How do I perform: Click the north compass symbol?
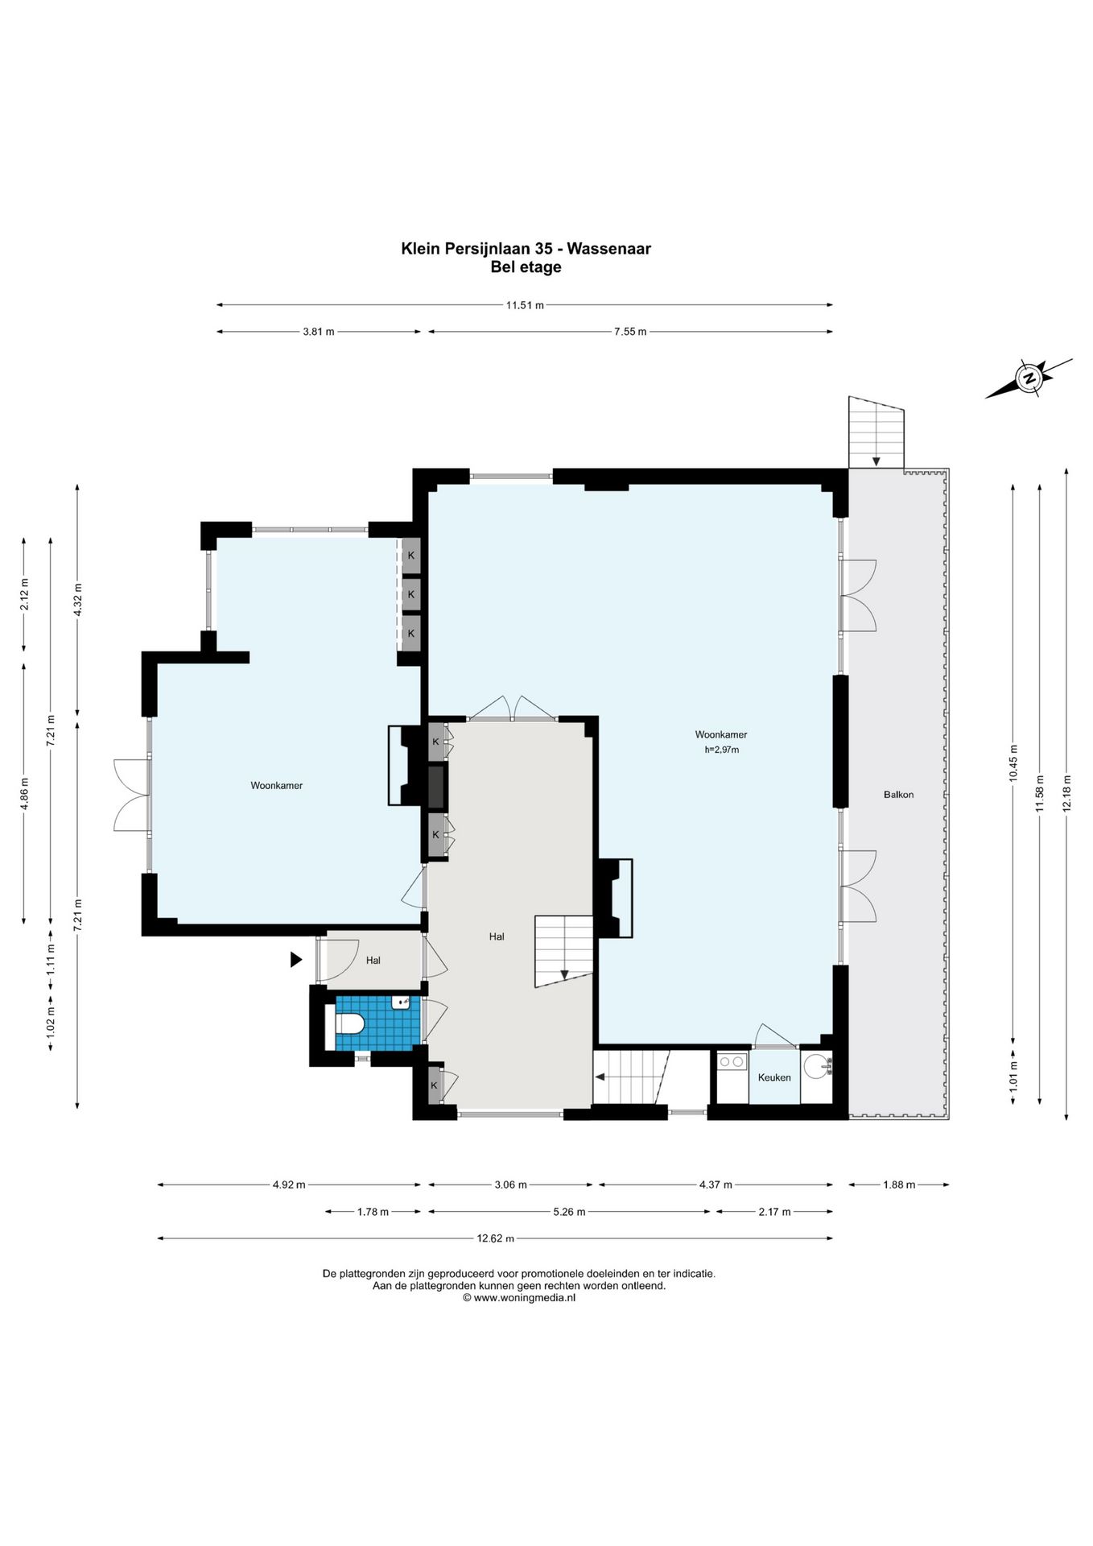(1029, 378)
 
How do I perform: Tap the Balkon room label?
(898, 795)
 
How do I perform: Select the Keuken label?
(774, 1077)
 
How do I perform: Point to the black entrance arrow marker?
(296, 959)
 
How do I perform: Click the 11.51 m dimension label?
(525, 305)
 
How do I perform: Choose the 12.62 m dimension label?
(495, 1238)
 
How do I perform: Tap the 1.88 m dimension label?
(899, 1184)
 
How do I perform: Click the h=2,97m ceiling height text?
(722, 750)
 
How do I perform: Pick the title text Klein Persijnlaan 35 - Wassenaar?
(526, 249)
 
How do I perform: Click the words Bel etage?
(526, 267)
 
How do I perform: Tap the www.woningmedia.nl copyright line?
(519, 1297)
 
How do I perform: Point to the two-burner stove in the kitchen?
(732, 1062)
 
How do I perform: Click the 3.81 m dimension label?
(319, 332)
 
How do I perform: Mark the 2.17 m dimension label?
(774, 1212)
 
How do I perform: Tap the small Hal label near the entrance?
(373, 960)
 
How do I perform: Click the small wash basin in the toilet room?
(400, 1002)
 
